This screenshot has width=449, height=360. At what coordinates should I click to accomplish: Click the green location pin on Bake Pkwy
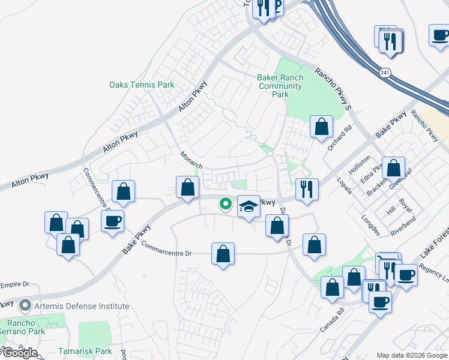pyautogui.click(x=226, y=205)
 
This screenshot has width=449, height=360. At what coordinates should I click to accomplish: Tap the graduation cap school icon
pyautogui.click(x=249, y=206)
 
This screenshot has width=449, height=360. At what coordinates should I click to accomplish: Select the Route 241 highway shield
pyautogui.click(x=384, y=72)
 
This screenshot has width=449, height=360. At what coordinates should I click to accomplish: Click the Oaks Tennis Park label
pyautogui.click(x=142, y=85)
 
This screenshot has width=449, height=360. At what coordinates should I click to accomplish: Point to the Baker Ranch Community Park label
pyautogui.click(x=280, y=86)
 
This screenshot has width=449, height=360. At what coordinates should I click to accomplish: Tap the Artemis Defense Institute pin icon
pyautogui.click(x=25, y=306)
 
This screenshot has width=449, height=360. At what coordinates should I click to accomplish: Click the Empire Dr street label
pyautogui.click(x=15, y=284)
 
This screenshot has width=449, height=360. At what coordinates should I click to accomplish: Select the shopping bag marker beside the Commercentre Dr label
pyautogui.click(x=223, y=253)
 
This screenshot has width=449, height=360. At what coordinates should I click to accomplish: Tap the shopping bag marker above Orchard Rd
pyautogui.click(x=322, y=127)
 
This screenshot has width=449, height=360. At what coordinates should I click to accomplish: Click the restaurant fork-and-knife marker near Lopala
pyautogui.click(x=307, y=188)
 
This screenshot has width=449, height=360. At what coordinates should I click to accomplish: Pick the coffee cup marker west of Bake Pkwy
pyautogui.click(x=112, y=221)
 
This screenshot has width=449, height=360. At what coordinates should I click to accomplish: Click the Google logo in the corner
pyautogui.click(x=19, y=353)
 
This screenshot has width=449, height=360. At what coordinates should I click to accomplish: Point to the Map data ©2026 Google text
pyautogui.click(x=411, y=355)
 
